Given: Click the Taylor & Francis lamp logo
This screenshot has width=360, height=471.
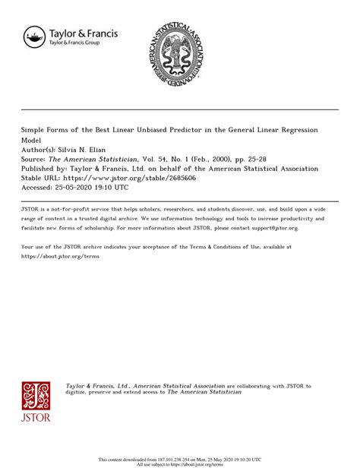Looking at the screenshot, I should [x=34, y=36].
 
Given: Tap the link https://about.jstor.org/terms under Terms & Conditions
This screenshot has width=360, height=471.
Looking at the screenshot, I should [x=61, y=256].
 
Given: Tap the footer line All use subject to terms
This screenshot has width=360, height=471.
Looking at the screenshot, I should [x=180, y=464].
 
